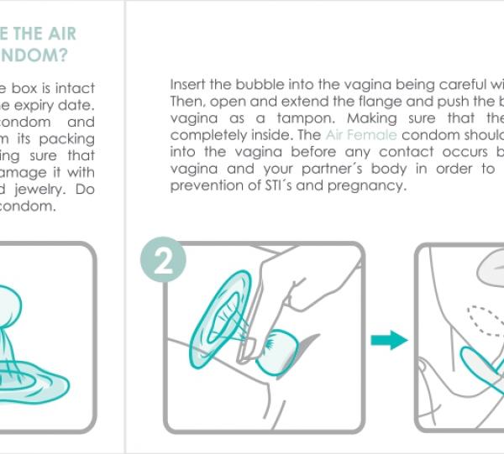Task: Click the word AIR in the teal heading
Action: tap(57, 34)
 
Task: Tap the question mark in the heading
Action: tap(64, 56)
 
